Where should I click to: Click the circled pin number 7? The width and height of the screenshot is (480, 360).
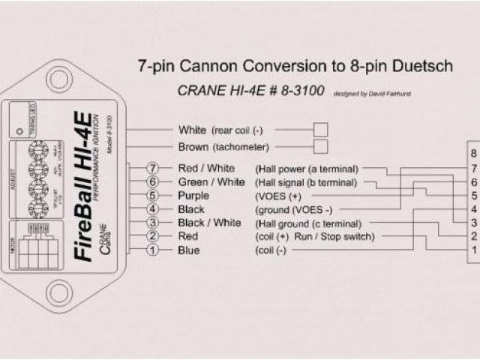click(153, 168)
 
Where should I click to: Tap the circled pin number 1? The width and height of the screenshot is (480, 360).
click(153, 250)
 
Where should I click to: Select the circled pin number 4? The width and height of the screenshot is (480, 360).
click(153, 209)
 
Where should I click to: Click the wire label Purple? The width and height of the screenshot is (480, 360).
click(194, 196)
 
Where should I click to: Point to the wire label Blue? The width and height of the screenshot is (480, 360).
click(189, 250)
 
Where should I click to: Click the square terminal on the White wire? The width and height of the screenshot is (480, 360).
click(320, 129)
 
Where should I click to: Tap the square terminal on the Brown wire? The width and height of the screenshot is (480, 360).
click(320, 146)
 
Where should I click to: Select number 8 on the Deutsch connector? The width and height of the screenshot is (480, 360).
click(473, 154)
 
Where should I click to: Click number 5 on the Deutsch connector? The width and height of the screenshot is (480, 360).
click(473, 196)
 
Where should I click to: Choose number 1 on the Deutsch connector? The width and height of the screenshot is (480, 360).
click(473, 250)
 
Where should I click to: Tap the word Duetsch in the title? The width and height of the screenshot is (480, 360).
click(419, 67)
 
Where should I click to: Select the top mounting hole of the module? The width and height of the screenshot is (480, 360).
click(59, 78)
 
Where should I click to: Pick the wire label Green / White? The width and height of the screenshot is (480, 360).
click(211, 181)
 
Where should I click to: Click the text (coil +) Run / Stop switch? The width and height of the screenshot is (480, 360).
click(318, 237)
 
